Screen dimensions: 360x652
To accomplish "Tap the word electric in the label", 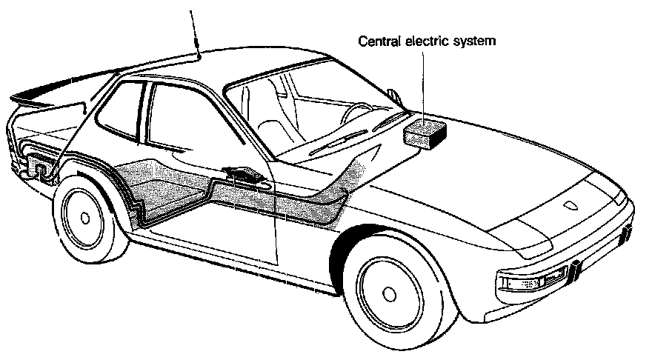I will coord(425,41).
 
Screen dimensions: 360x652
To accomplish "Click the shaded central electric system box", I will coord(425,134).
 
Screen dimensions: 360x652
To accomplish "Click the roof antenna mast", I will coord(195,30).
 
